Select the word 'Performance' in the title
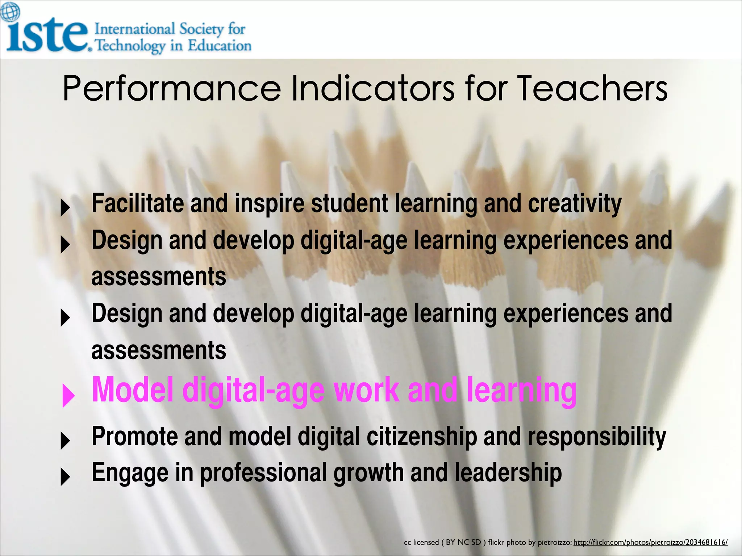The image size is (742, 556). pyautogui.click(x=172, y=89)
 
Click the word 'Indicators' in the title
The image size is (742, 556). pyautogui.click(x=373, y=88)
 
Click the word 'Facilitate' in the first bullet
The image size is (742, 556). pyautogui.click(x=138, y=203)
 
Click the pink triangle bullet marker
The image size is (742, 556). pyautogui.click(x=68, y=395)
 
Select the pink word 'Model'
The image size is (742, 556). pyautogui.click(x=133, y=390)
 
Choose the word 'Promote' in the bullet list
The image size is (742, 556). pyautogui.click(x=135, y=437)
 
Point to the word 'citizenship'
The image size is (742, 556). pyautogui.click(x=422, y=437)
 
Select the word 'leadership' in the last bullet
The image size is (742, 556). pyautogui.click(x=508, y=473)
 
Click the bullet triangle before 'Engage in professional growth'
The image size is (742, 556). pyautogui.click(x=65, y=477)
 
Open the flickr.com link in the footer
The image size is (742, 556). pyautogui.click(x=650, y=542)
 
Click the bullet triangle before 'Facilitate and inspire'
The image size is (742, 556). pyautogui.click(x=65, y=208)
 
